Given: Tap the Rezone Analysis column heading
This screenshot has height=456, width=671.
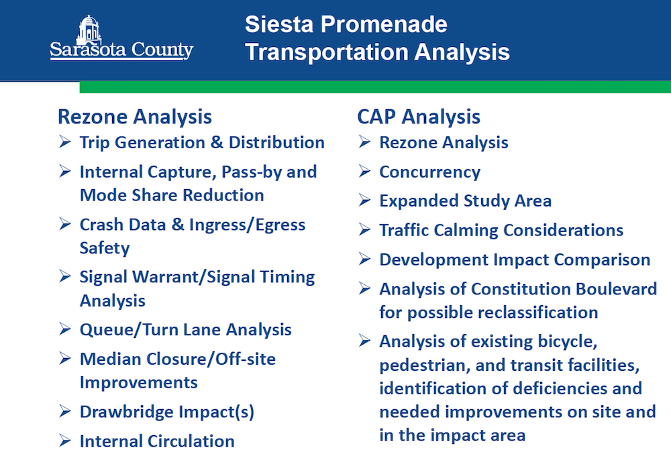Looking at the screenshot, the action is [135, 117].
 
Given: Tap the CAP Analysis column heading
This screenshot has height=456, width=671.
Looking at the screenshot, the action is [419, 117].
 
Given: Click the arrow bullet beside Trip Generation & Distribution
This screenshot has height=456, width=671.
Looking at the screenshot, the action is [64, 141].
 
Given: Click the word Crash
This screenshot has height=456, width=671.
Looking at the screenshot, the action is [101, 225].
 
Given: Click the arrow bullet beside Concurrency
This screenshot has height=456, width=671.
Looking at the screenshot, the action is [364, 171].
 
